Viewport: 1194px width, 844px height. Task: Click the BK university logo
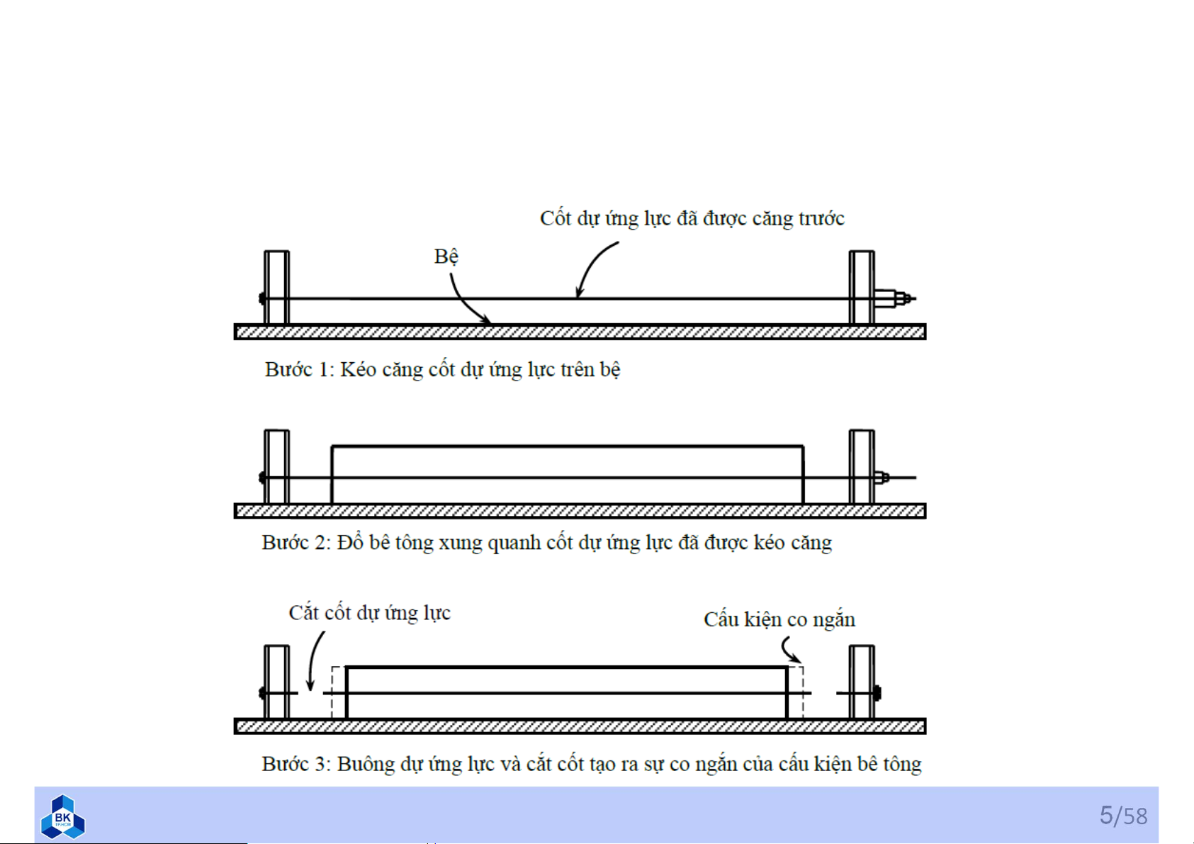coord(62,816)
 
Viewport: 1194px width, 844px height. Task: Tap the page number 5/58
coord(1123,816)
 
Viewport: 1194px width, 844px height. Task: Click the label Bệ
coord(446,256)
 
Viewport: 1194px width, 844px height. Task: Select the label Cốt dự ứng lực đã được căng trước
coord(692,218)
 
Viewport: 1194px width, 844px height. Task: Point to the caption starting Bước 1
coord(442,370)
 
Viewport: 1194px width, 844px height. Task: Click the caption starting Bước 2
coord(546,543)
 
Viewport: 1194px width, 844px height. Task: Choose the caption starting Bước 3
coord(591,764)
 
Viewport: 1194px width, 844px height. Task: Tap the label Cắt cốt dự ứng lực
coord(369,613)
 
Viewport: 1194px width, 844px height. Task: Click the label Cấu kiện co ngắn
coord(779,620)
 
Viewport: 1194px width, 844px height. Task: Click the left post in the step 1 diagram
coord(276,288)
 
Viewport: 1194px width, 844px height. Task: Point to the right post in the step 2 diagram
coord(862,466)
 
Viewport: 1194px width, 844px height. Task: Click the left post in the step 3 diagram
coord(276,682)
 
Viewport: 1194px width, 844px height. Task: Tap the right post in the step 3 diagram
coord(862,682)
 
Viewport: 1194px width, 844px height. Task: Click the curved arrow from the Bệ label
coord(465,301)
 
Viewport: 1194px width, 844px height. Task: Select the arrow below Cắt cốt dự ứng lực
coord(315,660)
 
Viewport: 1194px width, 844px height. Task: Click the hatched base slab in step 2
coord(580,511)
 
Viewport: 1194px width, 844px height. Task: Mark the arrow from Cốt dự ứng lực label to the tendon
coord(592,268)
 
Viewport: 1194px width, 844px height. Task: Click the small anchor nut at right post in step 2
coord(882,478)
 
